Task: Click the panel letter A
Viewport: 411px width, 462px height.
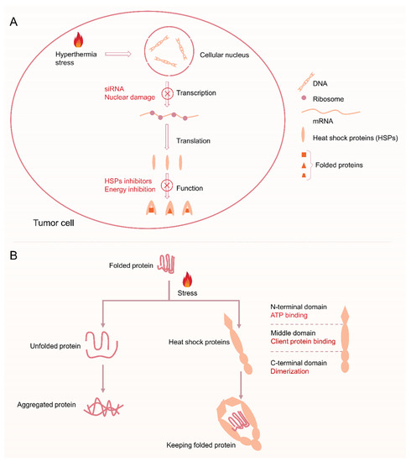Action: [15, 19]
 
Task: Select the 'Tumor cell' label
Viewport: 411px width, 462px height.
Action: [44, 223]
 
